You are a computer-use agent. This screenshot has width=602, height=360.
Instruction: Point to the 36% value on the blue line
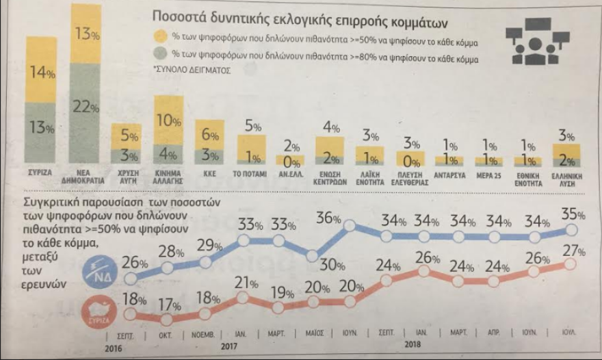[328, 219]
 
